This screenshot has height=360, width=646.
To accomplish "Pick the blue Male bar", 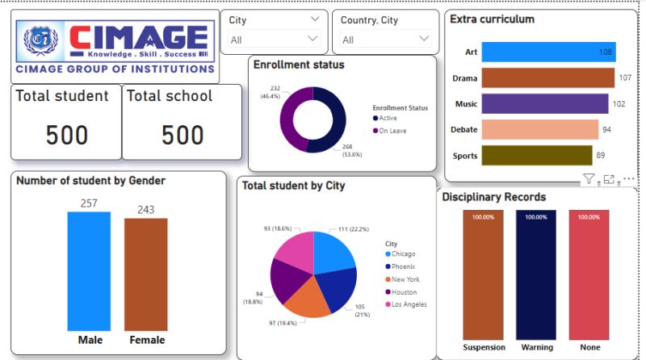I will (x=90, y=271).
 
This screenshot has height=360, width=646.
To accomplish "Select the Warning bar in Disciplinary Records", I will (x=537, y=274).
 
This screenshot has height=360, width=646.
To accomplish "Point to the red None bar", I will (x=589, y=274).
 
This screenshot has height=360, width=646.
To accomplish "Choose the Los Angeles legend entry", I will (x=408, y=304).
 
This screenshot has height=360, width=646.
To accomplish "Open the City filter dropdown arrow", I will (x=313, y=39).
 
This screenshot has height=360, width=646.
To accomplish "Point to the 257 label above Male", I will (x=89, y=203).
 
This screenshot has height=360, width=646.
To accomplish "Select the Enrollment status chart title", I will (x=299, y=65).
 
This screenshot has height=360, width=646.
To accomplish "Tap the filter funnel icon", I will (x=589, y=179).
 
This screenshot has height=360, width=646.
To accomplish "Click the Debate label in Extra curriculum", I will (x=466, y=130).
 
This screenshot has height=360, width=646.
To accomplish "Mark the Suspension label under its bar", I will (x=484, y=347).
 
